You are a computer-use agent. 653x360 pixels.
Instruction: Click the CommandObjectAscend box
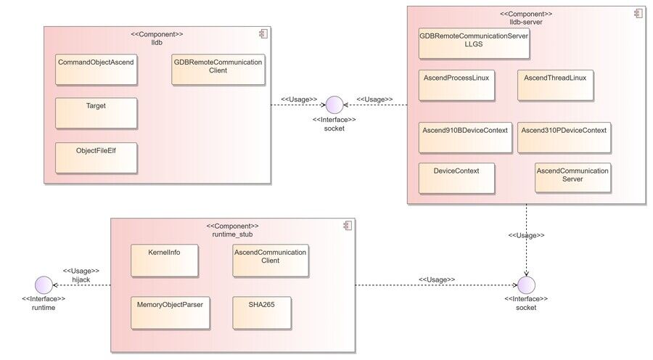click(96, 70)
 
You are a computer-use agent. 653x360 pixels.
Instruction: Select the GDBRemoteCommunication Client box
click(218, 70)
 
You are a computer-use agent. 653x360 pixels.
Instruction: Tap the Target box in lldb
click(96, 113)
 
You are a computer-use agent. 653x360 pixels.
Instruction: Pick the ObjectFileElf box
click(96, 158)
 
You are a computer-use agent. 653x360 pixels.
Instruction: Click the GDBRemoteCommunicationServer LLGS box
click(474, 44)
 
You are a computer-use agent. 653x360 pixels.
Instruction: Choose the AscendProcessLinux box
click(456, 86)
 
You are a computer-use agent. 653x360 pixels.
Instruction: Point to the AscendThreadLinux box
click(555, 86)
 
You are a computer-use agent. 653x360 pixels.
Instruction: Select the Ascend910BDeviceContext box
click(465, 137)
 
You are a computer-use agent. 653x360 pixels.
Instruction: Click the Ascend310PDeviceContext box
click(564, 137)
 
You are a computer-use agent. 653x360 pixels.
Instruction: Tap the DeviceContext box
click(456, 179)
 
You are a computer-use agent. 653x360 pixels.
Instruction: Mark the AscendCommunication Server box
click(572, 178)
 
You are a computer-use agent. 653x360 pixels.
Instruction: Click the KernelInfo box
click(165, 261)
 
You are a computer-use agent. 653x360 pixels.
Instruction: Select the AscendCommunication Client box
click(271, 261)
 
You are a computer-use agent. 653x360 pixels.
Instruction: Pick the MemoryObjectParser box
click(171, 313)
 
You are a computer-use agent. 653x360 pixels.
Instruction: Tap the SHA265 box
click(262, 313)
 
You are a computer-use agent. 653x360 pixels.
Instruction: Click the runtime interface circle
click(44, 285)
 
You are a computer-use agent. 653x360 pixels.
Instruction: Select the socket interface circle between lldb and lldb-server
click(334, 105)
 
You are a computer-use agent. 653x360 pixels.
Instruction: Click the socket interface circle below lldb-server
click(526, 285)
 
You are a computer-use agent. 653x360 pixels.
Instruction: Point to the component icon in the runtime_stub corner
click(348, 226)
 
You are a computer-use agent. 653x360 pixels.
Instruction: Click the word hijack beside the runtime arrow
click(81, 279)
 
